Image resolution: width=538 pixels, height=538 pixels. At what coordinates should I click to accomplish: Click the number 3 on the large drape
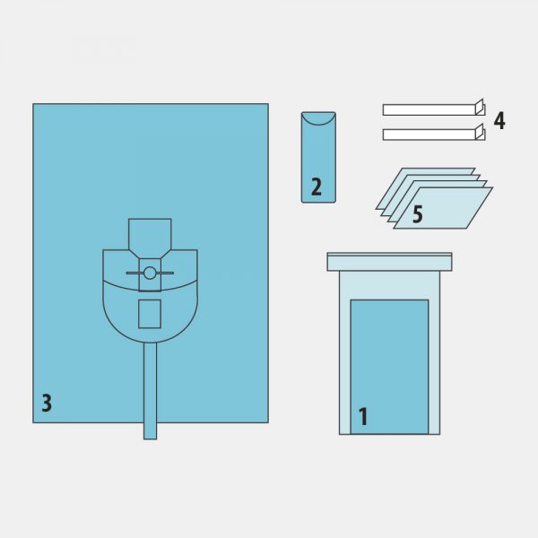coord(47,403)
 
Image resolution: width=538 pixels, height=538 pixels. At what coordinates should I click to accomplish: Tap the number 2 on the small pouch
coord(317,187)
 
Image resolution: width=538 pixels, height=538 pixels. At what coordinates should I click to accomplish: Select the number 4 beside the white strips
coord(499,120)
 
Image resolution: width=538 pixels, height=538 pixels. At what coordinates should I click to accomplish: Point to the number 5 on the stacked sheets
coord(418,214)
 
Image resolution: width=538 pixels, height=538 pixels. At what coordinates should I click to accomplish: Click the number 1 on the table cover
coord(363,417)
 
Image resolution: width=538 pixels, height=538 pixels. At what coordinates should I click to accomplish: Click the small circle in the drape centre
coord(150,273)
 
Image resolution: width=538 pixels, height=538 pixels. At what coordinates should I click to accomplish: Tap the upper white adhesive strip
coord(429,109)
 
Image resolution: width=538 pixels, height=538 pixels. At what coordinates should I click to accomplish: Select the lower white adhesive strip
coord(429,134)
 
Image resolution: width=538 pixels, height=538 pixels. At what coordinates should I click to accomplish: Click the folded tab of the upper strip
coord(480,107)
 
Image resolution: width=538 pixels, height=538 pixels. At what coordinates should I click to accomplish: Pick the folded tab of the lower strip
coord(480,132)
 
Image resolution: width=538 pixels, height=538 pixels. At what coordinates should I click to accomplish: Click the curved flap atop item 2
coord(318,118)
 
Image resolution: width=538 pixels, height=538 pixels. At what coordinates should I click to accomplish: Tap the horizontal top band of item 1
coord(389,262)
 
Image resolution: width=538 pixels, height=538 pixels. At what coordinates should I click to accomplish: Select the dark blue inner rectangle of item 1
coord(389,367)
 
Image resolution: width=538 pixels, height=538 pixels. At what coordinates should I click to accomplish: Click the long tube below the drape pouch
coord(150,391)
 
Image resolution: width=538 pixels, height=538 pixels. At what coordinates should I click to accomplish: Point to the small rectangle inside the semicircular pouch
coord(150,314)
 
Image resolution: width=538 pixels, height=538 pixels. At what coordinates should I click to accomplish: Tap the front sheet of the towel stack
coord(443,208)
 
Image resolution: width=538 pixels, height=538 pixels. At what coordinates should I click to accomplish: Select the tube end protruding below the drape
coord(150,431)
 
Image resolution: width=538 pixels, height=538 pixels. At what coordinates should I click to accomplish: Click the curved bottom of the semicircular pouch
coord(150,343)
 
